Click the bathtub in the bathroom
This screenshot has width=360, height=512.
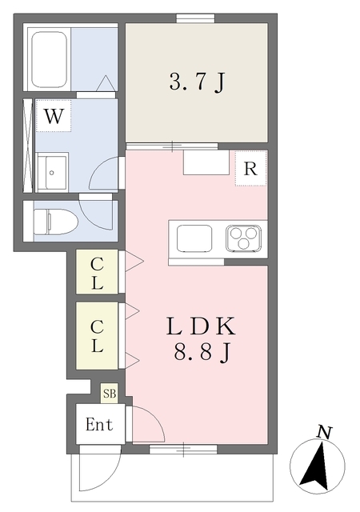point(50,59)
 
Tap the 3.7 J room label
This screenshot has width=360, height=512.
point(198,82)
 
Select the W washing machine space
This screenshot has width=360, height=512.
point(54,116)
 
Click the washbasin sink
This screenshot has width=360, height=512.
point(53,173)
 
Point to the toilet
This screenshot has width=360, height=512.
point(56,222)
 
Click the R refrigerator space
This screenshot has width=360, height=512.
point(250,169)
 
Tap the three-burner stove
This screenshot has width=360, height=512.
point(243,238)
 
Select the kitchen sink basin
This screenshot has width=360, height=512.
point(194,238)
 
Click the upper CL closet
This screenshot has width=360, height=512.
point(97,272)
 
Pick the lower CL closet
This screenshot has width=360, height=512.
point(97,336)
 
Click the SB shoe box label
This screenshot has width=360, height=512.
point(110,394)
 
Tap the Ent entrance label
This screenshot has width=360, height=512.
point(99,425)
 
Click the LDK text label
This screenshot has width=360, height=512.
point(201,326)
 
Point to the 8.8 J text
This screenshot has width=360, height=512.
point(202,353)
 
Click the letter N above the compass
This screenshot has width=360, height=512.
point(324,433)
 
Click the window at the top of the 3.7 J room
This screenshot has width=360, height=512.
point(196,18)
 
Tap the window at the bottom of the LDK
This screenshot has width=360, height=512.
point(183,450)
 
